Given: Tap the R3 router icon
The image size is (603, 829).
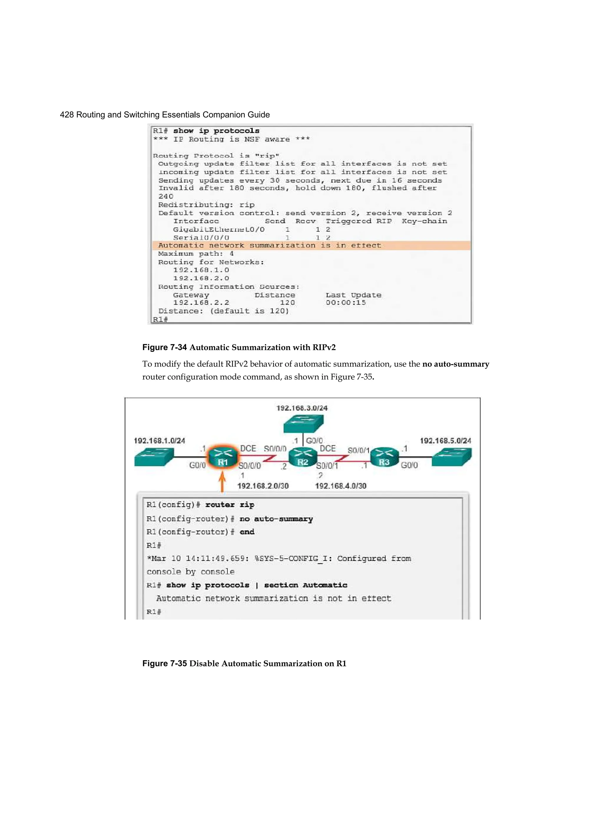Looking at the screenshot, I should pos(384,457).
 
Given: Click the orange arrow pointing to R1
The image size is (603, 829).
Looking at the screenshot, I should pos(222,482).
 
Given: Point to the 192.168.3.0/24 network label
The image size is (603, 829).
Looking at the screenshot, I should pos(302,408).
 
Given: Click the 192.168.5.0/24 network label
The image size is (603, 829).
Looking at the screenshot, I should pos(445,440).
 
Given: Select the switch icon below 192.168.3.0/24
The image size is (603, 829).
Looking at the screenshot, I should pos(303,424).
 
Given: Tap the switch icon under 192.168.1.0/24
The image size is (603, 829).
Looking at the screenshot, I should pos(153,457).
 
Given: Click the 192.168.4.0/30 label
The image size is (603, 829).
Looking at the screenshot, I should pos(341,486).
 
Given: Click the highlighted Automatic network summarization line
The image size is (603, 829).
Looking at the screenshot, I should pos(270,245).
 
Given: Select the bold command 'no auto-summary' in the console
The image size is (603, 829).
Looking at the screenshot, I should pos(276,519).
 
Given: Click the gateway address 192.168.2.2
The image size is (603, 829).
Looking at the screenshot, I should pos(201,303).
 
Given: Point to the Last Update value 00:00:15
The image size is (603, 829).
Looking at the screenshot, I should pos(345,303).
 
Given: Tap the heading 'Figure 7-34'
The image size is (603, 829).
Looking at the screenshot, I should pos(164,347).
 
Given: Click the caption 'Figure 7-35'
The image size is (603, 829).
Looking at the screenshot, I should pos(164,663).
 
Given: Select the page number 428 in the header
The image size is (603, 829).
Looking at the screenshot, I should pos(67,115).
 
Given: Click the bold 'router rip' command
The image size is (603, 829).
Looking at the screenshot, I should pos(229,505).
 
